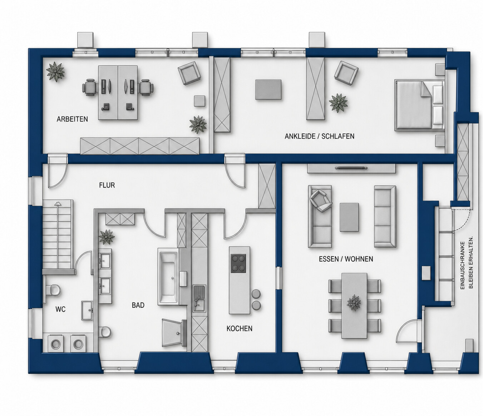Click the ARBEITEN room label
pos(72,119)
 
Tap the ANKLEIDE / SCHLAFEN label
pos(319,137)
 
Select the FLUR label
pos(107,185)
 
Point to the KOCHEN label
pos(240,329)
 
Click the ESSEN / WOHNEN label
pos(346,259)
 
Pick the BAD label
pos(138,305)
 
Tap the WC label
pos(60,309)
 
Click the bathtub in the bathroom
pos(168,277)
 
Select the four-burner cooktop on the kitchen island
pos(238,263)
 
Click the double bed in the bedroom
pos(419,104)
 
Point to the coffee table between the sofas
pos(349,217)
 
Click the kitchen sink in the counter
pos(199,298)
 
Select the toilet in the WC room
pos(53,290)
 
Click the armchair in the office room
pos(189,73)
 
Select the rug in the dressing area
pos(268,90)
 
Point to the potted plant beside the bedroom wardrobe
pos(338,103)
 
